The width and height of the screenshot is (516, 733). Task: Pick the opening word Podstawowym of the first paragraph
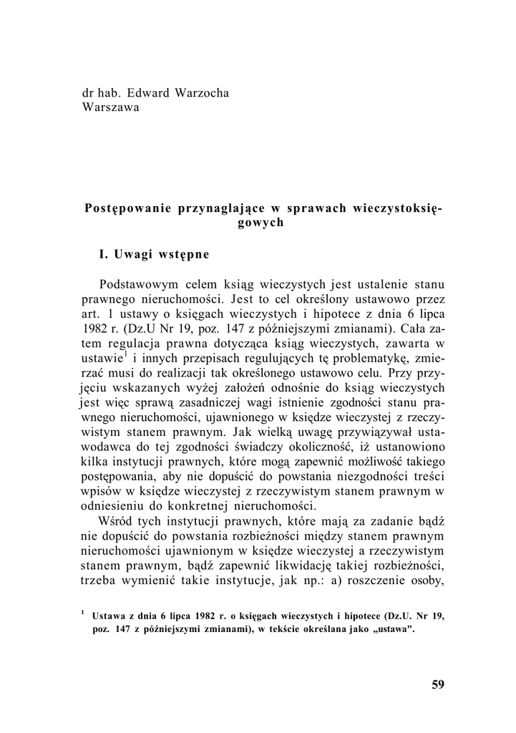[141, 284]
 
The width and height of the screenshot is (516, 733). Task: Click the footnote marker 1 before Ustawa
[83, 613]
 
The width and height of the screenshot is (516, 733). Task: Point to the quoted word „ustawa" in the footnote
[395, 631]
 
